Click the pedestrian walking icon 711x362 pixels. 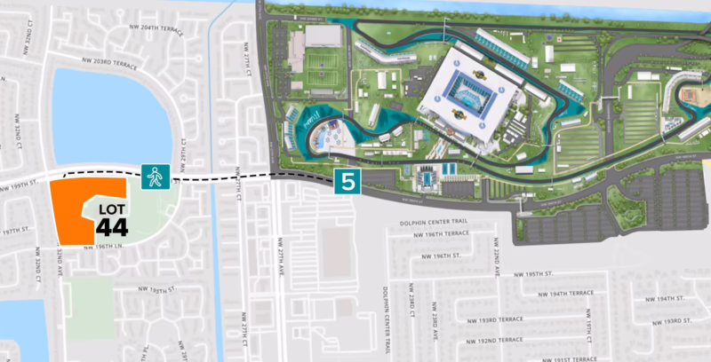tap(154, 177)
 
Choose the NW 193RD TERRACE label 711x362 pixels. tap(488, 319)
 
